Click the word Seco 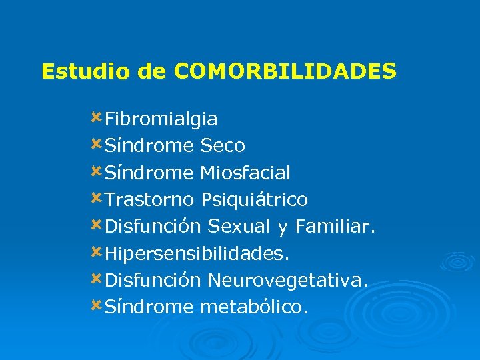click(x=223, y=145)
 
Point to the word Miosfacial click(x=245, y=173)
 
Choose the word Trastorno click(x=149, y=199)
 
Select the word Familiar click(x=335, y=227)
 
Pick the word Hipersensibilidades click(x=197, y=254)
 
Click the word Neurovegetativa click(x=287, y=281)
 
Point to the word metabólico click(x=254, y=307)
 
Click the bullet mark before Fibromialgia click(x=97, y=118)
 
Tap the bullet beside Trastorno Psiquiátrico click(x=97, y=198)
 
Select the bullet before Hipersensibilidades click(x=97, y=252)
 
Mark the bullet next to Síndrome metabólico click(x=97, y=305)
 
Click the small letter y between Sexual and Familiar click(x=282, y=229)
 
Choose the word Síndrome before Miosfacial click(x=149, y=173)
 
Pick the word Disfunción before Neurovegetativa click(x=153, y=281)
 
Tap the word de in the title click(x=153, y=71)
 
